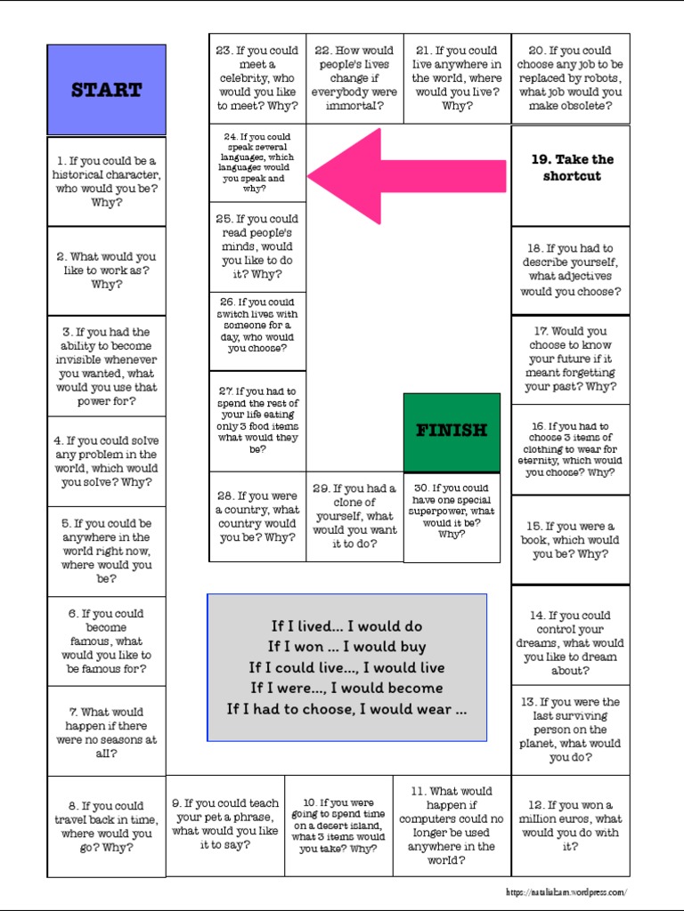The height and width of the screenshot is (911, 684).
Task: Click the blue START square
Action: coord(107,90)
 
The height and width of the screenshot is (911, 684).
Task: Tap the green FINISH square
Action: coord(452,431)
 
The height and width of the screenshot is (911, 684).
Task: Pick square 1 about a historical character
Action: coord(107,181)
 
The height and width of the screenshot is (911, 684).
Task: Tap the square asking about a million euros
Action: coord(571,826)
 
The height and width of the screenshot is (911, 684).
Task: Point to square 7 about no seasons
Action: coord(107,732)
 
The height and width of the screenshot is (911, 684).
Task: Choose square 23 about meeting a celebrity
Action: coord(257,78)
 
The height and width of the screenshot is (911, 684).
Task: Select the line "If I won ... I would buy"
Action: coord(346,647)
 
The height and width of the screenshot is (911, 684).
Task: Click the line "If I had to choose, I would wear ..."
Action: coord(346,709)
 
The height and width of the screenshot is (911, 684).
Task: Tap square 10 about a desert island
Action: coord(338,826)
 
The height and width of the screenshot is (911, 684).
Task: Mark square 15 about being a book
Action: coord(571,540)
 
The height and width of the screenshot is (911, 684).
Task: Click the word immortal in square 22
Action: coord(354,106)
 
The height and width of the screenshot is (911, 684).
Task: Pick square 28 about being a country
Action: coord(257,517)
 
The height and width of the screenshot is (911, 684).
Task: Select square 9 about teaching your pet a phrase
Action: coord(225,824)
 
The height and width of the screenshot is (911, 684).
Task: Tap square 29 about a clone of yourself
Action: coord(354,517)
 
